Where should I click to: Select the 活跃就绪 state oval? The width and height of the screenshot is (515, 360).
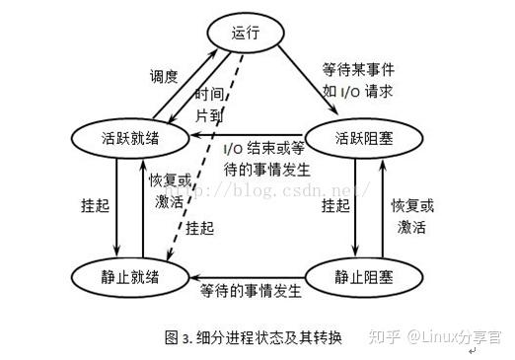tap(120, 136)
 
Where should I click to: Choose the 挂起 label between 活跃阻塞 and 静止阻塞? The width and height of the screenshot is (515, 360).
tap(332, 207)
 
